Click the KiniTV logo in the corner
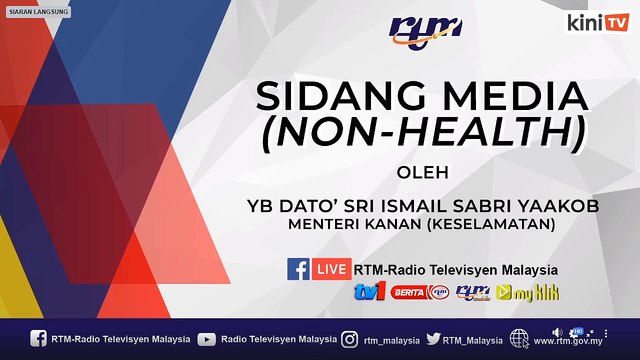[597, 21]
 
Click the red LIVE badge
[332, 269]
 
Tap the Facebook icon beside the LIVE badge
[298, 269]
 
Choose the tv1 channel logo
[369, 292]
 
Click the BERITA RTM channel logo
[418, 292]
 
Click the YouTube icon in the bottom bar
[207, 339]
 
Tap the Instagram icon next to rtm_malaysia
[350, 339]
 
